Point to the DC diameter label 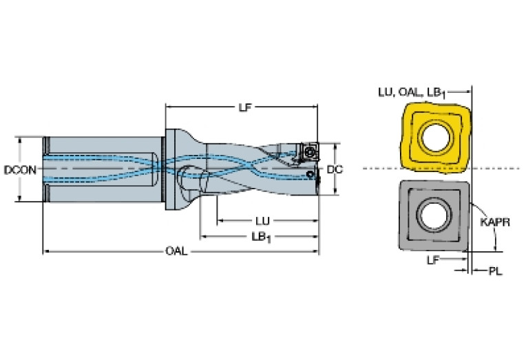[335, 169]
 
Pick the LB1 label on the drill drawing [261, 237]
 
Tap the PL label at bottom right [495, 271]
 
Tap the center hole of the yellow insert [434, 136]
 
